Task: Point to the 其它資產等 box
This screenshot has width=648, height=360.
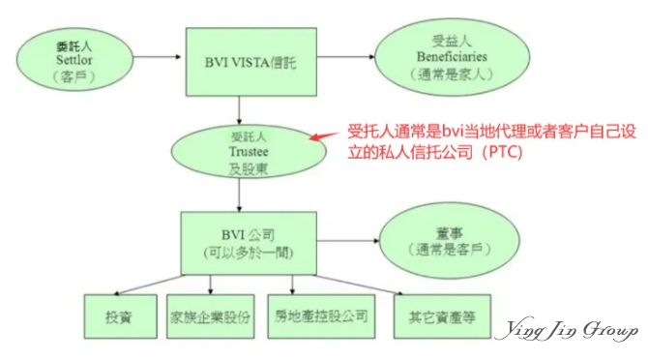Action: point(435,316)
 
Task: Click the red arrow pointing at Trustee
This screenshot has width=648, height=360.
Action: point(327,136)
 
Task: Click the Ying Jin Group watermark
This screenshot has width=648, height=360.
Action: point(565,332)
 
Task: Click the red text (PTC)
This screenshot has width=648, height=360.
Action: point(496,152)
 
